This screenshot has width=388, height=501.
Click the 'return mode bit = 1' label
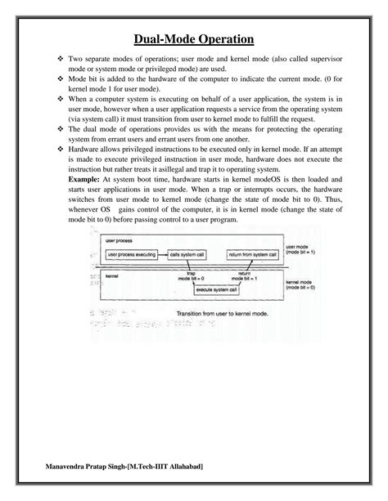tap(246, 277)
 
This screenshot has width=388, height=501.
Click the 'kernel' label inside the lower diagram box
tap(114, 276)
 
